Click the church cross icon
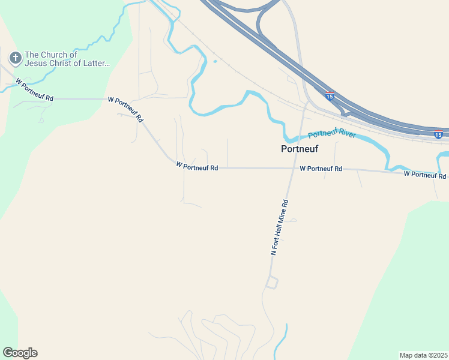[14, 58]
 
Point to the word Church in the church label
[57, 55]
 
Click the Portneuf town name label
[300, 149]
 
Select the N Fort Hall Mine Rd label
[280, 228]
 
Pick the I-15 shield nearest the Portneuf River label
[330, 95]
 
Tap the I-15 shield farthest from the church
[438, 134]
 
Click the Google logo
[20, 353]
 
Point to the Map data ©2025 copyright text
[424, 355]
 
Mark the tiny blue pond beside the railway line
[214, 61]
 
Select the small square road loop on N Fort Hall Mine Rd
[272, 282]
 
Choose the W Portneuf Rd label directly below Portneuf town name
[321, 169]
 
